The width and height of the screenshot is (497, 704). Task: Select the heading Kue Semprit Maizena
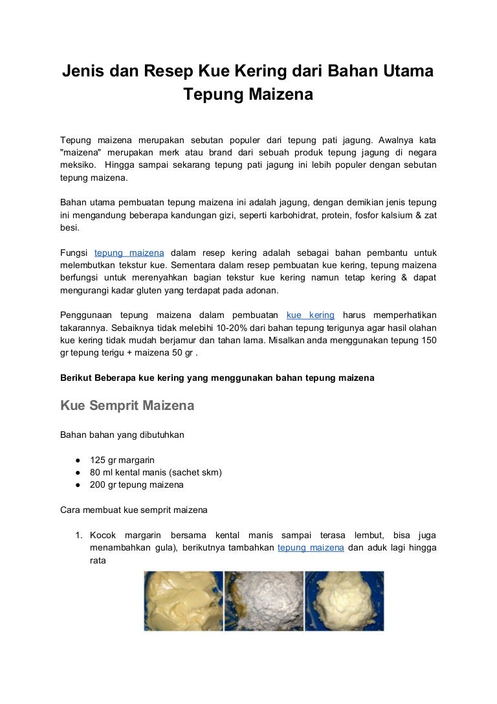click(127, 407)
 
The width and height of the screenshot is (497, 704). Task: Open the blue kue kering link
click(310, 315)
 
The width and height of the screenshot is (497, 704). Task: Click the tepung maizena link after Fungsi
click(129, 252)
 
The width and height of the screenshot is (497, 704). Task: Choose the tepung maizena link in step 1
click(311, 547)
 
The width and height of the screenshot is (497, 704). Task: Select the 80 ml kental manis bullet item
click(156, 472)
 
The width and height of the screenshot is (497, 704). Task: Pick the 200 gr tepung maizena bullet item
click(137, 484)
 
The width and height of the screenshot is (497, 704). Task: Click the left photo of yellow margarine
click(183, 600)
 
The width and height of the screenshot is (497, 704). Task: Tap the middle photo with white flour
click(263, 600)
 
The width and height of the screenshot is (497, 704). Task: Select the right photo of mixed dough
click(344, 600)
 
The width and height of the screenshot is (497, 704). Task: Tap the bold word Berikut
click(77, 377)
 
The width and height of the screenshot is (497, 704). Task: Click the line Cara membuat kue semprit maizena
click(134, 510)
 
